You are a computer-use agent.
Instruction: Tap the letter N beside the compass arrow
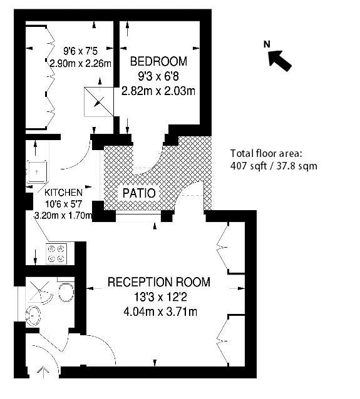pyautogui.click(x=266, y=44)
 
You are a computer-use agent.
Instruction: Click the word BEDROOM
pyautogui.click(x=158, y=61)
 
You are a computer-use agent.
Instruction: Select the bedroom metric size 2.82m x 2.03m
pyautogui.click(x=158, y=91)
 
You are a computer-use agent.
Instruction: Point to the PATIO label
pyautogui.click(x=139, y=193)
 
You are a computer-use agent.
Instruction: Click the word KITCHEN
pyautogui.click(x=63, y=193)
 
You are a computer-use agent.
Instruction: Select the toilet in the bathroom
pyautogui.click(x=64, y=292)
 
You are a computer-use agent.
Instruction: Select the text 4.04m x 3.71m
pyautogui.click(x=159, y=311)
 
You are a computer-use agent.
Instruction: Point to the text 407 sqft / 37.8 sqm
pyautogui.click(x=274, y=166)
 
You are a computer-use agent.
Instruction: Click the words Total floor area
pyautogui.click(x=267, y=153)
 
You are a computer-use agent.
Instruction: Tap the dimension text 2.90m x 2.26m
pyautogui.click(x=80, y=63)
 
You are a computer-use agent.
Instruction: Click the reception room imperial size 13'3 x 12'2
pyautogui.click(x=159, y=296)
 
